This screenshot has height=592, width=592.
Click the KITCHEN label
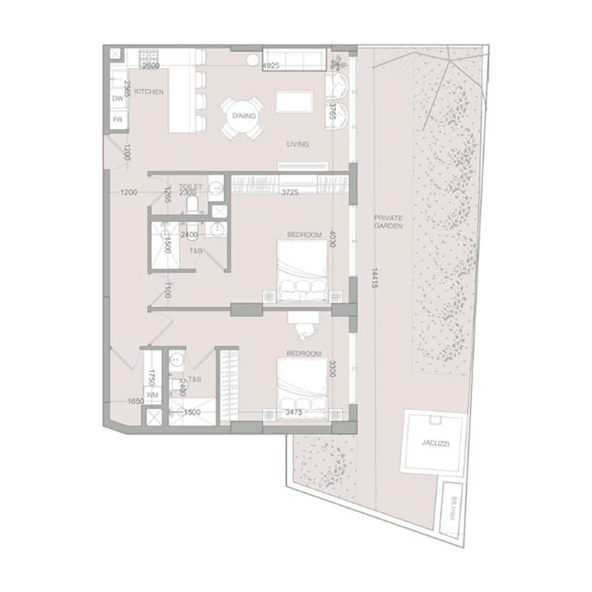(x=150, y=92)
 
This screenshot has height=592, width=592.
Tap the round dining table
(x=243, y=116)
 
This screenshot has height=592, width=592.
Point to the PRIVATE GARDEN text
(x=388, y=223)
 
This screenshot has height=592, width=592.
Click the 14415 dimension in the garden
(x=375, y=280)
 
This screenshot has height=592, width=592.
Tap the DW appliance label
(x=117, y=98)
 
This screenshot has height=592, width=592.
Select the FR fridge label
(x=117, y=120)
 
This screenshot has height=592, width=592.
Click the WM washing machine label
(x=152, y=395)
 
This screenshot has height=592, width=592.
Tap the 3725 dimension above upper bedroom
(x=294, y=192)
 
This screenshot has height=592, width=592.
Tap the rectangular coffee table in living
(x=294, y=101)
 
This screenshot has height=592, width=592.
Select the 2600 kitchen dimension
(x=151, y=67)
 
